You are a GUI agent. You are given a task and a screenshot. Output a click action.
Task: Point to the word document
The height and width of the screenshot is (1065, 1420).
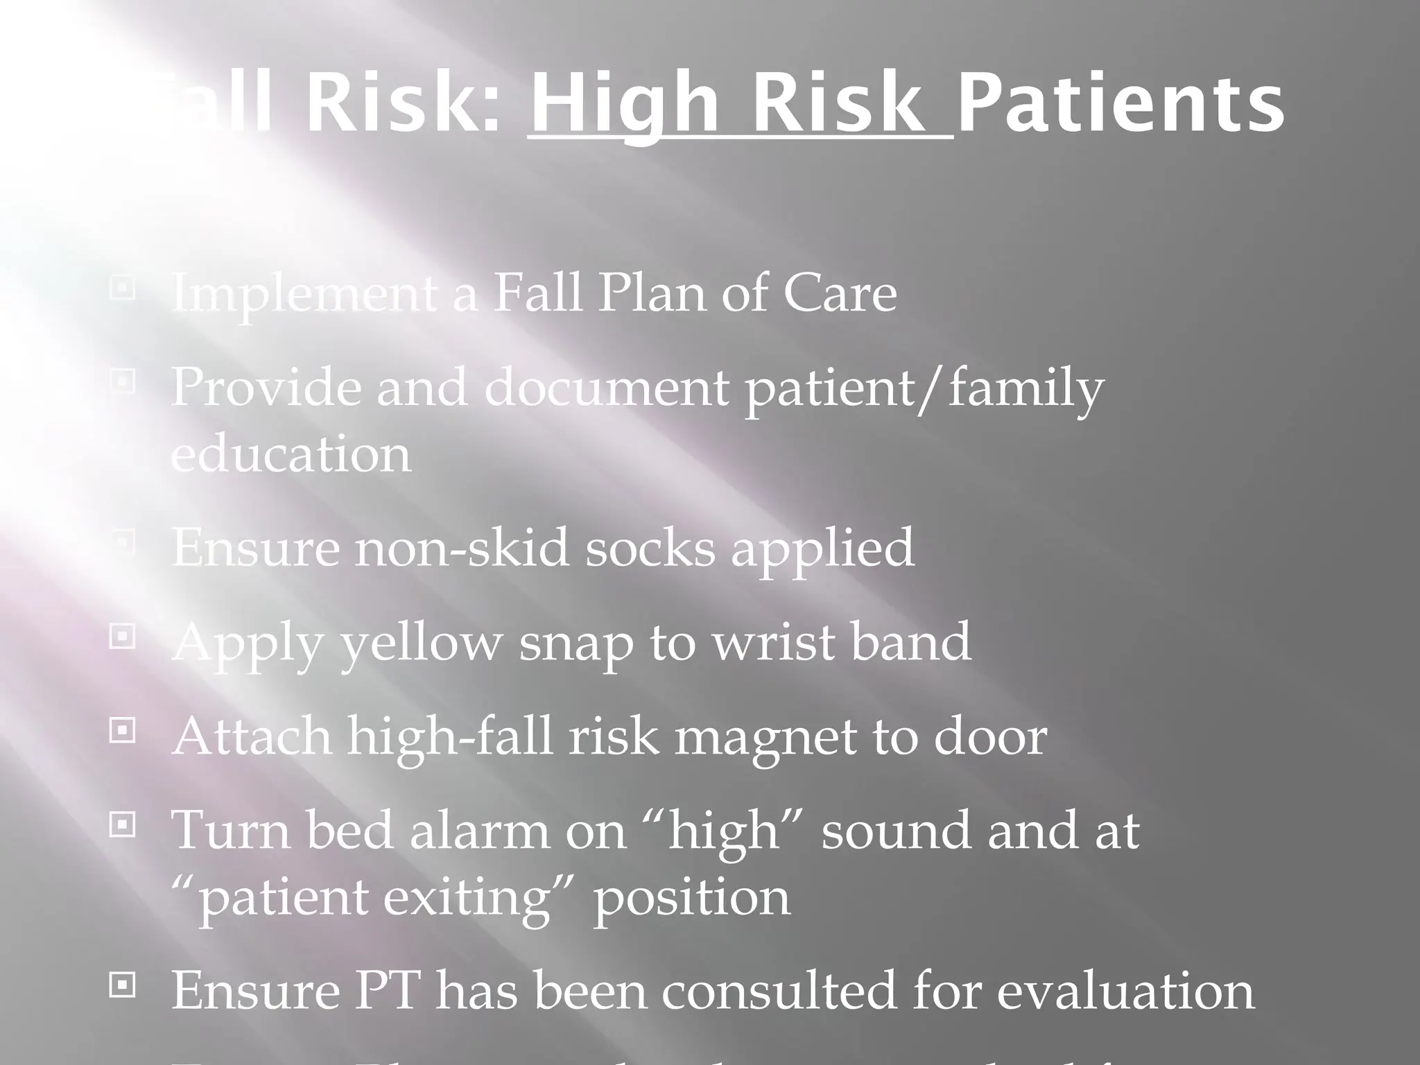pos(607,387)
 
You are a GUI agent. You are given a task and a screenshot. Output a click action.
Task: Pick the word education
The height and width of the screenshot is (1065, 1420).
pos(291,454)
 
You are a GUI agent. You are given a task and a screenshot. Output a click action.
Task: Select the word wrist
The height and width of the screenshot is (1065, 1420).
pos(774,642)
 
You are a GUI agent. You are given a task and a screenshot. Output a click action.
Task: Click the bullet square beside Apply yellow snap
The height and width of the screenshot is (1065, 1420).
pos(123,637)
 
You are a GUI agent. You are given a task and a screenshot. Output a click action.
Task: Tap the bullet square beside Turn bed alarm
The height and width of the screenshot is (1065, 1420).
pos(123,825)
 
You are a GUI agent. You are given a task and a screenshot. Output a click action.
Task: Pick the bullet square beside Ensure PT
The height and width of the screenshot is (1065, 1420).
pos(123,985)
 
